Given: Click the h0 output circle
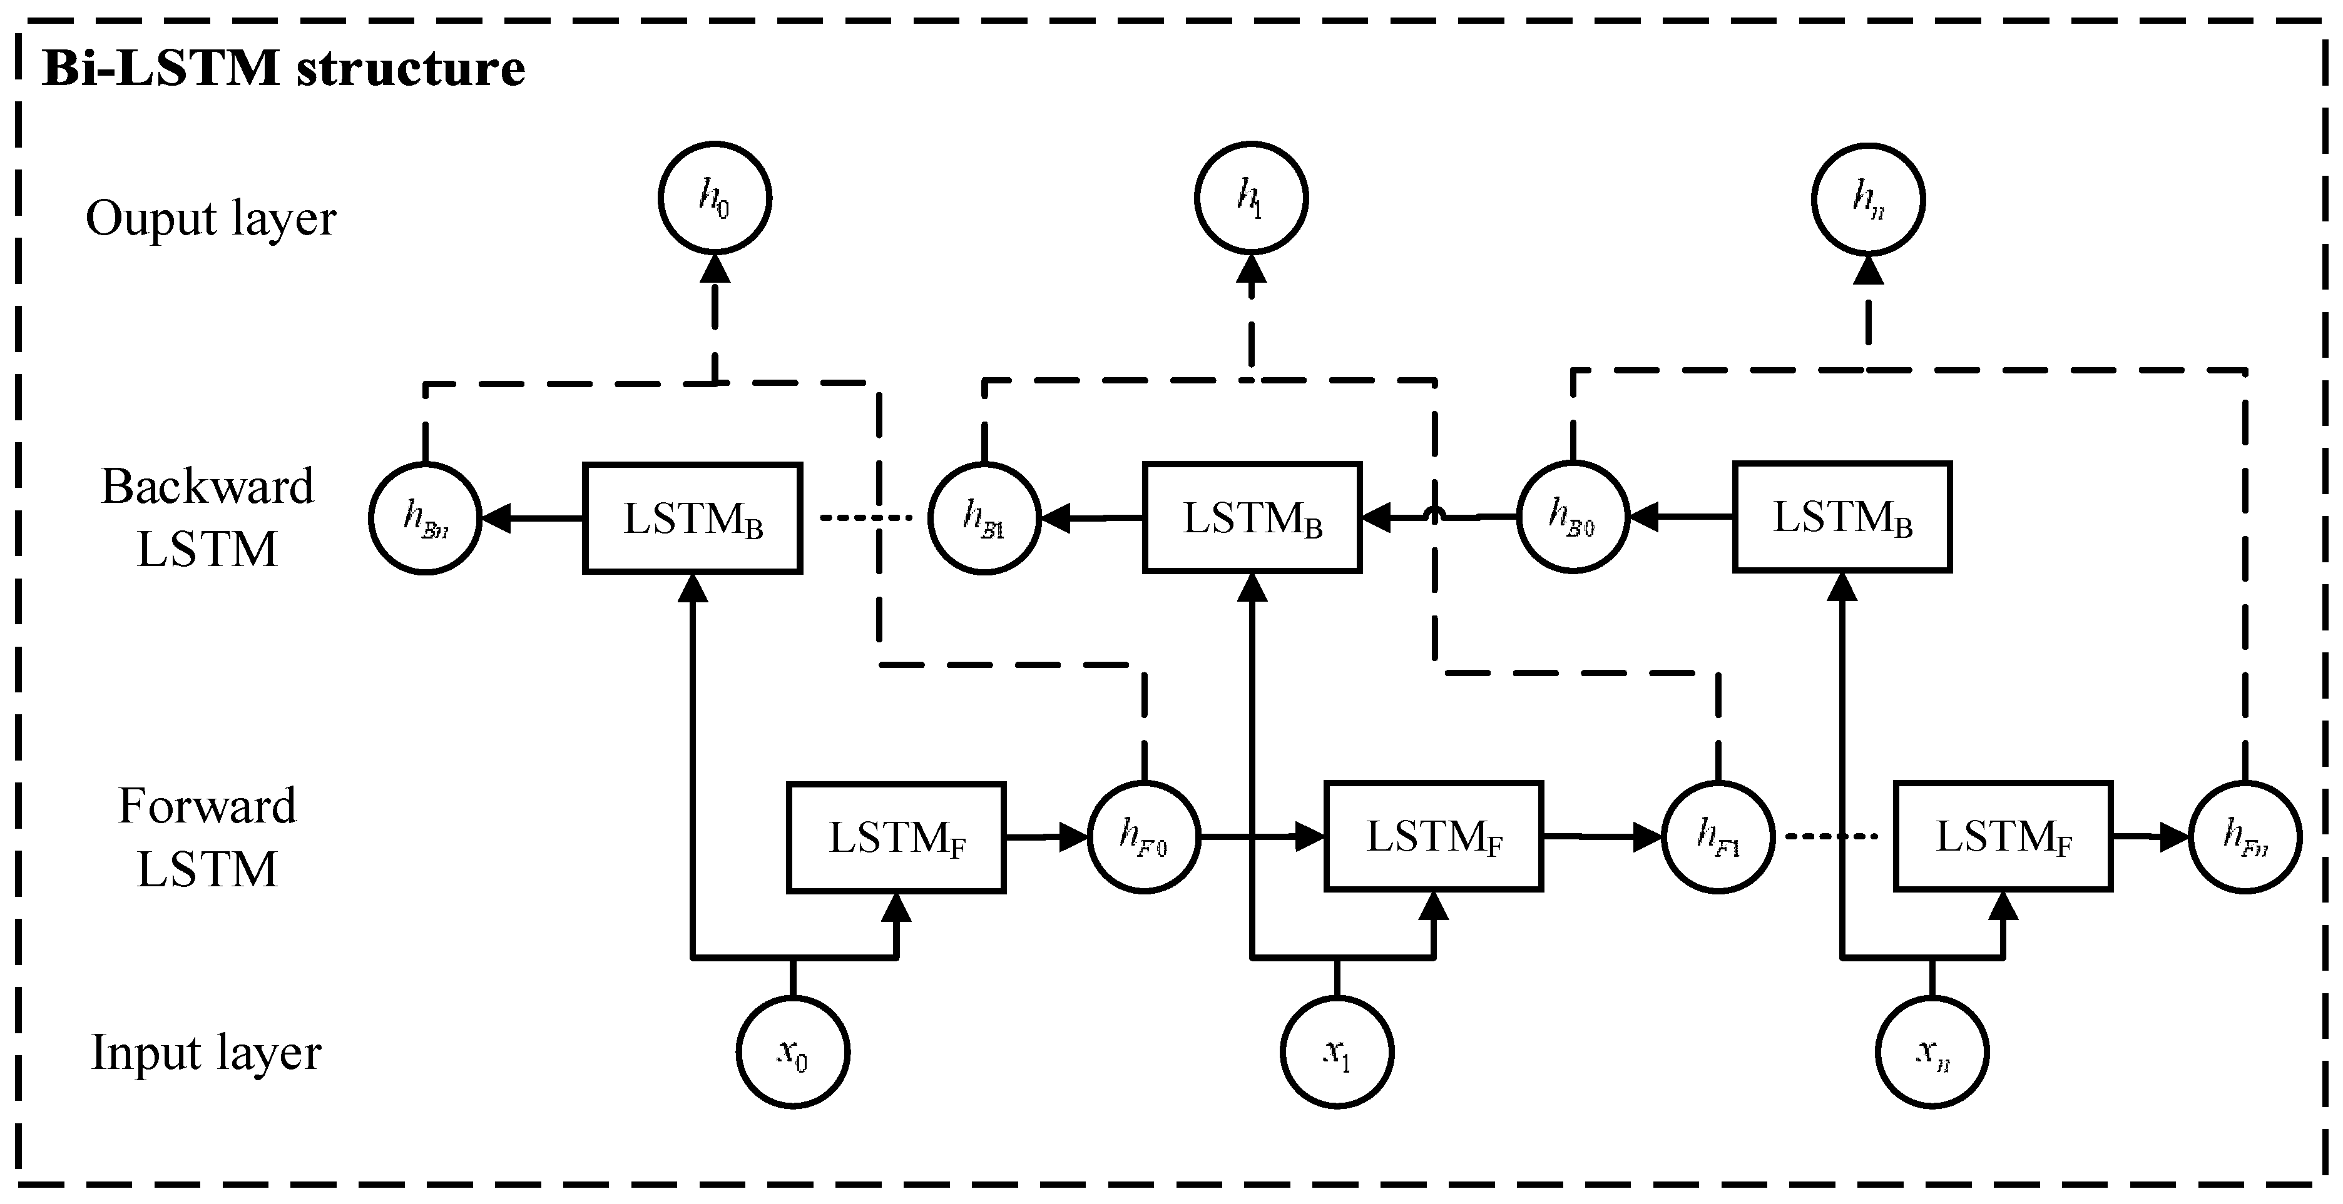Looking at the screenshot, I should coord(714,198).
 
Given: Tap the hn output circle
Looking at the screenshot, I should coord(1867,198).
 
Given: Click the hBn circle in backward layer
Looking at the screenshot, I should coord(425,519).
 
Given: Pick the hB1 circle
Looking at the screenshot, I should coord(984,519).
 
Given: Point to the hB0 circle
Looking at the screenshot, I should coord(1573,517).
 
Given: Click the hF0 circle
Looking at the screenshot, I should coord(1143,837).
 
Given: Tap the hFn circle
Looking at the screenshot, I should coord(2245,837).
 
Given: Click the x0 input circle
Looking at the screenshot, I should coord(792,1052).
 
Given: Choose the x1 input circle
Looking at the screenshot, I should coord(1336,1052).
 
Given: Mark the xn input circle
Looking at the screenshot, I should coord(1932,1052).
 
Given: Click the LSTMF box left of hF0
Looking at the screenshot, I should coord(896,837).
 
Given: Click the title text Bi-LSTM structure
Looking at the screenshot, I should coord(283,68).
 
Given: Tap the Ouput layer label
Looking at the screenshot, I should coord(211,218).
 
